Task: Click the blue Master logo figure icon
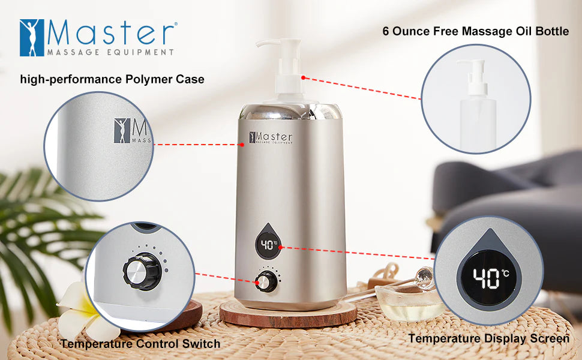32,38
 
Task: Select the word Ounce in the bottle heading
413,31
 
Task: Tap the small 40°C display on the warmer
269,245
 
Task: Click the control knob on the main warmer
266,281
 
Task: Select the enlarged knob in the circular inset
142,271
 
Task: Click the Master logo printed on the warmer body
271,137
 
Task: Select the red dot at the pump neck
303,77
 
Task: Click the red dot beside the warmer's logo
242,145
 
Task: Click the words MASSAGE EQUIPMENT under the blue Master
110,52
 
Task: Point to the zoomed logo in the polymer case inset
133,131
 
